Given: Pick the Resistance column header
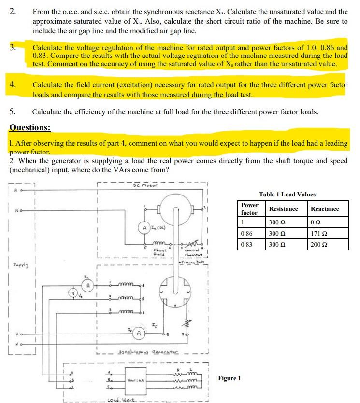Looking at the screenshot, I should tap(283, 209).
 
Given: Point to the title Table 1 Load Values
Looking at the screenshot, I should tap(287, 195).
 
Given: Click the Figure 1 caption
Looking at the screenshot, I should tap(230, 378).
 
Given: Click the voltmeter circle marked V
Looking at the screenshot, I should tap(73, 292).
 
